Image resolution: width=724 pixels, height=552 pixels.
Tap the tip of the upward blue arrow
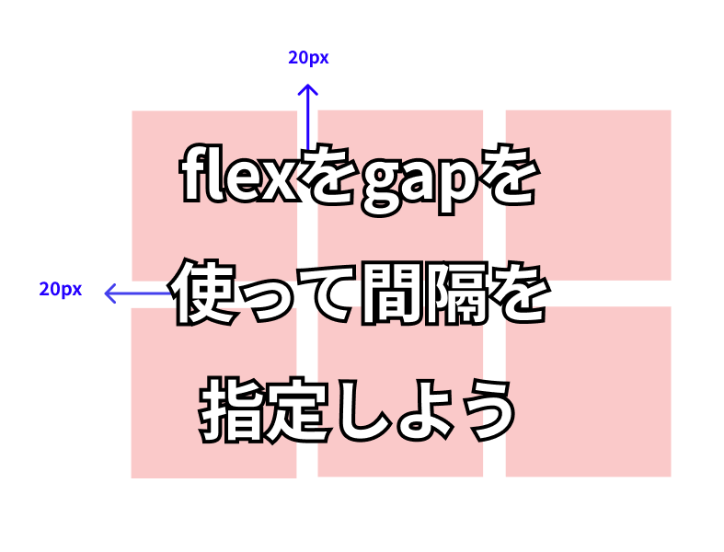(x=307, y=85)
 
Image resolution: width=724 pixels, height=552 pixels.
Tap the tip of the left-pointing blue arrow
(x=106, y=293)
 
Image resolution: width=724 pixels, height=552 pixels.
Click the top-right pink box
(x=588, y=195)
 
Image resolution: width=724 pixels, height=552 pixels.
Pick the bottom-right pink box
(x=588, y=391)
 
